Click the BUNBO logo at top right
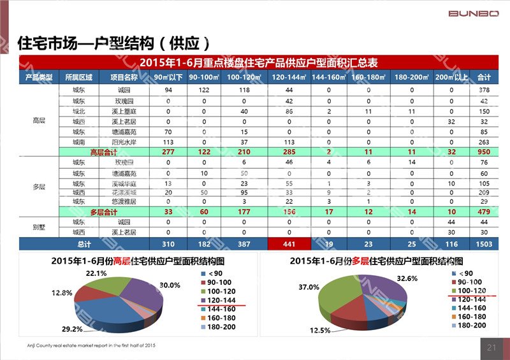pos(474,13)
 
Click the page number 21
pos(491,347)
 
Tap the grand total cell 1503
pos(484,244)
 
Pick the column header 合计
pos(484,77)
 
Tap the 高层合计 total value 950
pos(484,153)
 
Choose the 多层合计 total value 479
pos(484,212)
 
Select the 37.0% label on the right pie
pos(309,287)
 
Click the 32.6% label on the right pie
pos(407,278)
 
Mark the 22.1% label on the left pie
pos(97,273)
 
